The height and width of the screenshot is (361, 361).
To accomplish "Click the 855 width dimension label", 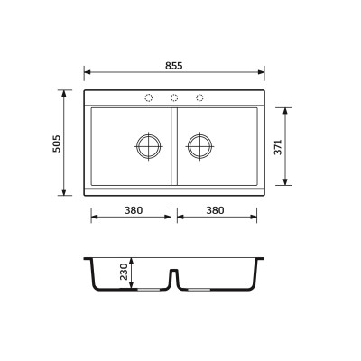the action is pos(174,66).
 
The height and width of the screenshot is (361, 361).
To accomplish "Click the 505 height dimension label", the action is pos(57,143).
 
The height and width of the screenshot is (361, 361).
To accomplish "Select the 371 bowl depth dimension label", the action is pos(278,147).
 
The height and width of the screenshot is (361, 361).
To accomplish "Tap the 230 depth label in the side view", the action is pos(124,272).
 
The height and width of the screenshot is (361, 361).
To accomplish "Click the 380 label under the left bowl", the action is pos(134,210).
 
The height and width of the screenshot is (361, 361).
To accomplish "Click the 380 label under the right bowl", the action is pos(215,210).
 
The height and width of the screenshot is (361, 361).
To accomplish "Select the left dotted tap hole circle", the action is pos(149,97).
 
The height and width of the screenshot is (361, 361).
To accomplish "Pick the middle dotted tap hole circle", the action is pos(174,97).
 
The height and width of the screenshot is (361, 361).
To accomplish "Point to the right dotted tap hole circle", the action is pos(199,97).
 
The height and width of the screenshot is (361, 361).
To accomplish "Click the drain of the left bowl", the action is pos(149,146).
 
